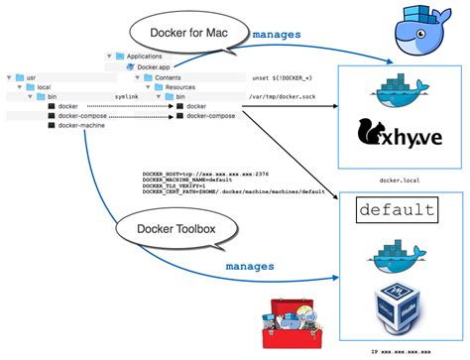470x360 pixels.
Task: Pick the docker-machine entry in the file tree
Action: click(83, 126)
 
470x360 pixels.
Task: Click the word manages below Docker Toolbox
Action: click(251, 266)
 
